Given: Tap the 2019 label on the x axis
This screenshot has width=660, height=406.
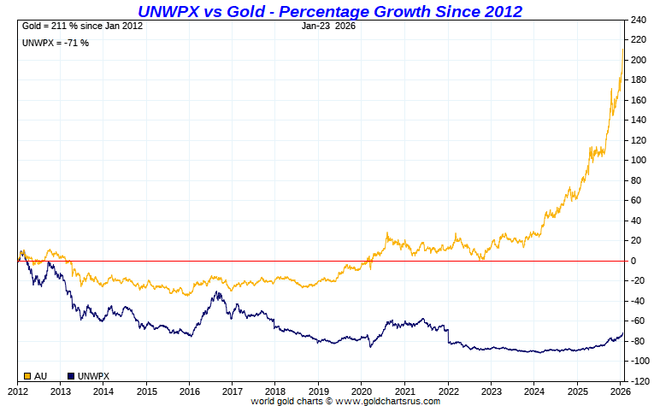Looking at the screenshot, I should [318, 391].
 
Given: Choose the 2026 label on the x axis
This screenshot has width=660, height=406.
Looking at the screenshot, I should [621, 391].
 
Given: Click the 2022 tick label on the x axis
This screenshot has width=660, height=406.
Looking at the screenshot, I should [447, 391].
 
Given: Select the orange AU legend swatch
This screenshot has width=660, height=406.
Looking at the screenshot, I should [27, 375].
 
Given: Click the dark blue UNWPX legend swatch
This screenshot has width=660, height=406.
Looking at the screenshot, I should [71, 375].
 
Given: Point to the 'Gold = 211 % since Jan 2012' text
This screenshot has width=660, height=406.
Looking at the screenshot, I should [83, 26].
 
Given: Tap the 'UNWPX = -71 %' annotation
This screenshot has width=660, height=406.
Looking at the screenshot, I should [56, 42].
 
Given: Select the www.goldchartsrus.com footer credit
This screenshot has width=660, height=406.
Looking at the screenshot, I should [345, 401].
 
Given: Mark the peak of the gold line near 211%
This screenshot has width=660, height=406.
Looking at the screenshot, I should [622, 50].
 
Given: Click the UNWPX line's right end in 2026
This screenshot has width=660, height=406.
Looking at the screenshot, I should [622, 332].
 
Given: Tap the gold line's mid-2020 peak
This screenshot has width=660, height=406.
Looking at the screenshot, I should [388, 232].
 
